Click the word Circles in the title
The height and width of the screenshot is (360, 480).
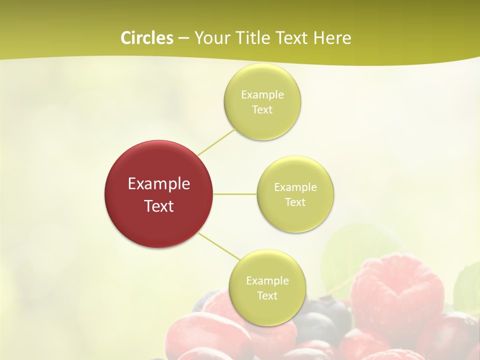(146, 38)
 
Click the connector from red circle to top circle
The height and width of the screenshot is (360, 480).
(216, 142)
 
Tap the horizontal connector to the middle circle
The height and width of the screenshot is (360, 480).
(235, 194)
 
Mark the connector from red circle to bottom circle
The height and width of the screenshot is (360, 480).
(218, 246)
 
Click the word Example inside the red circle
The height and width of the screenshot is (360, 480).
(158, 184)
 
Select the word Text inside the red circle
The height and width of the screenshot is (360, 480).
(158, 206)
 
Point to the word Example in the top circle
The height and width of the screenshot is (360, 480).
(262, 94)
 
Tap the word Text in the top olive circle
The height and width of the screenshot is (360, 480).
(262, 110)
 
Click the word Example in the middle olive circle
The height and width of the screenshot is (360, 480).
(295, 187)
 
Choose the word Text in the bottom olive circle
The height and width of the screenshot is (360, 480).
(267, 295)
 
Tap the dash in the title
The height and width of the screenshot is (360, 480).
(183, 38)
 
